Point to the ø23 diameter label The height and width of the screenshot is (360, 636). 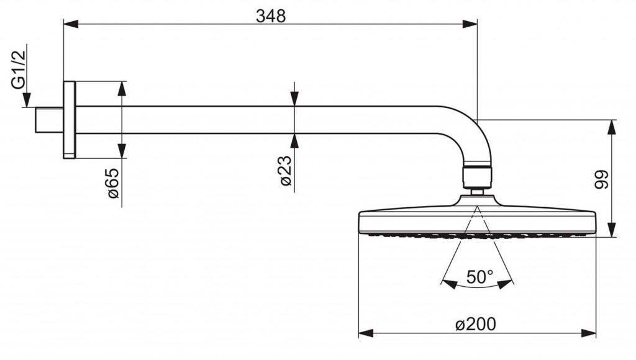(x=286, y=172)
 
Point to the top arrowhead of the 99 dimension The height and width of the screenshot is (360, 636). (x=612, y=127)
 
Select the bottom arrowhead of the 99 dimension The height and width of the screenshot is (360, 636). (x=612, y=229)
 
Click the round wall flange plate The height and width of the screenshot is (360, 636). (x=69, y=120)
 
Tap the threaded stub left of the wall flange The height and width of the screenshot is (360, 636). (x=50, y=120)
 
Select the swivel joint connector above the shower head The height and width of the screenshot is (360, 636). (x=478, y=176)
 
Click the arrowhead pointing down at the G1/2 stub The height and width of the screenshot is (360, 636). (x=27, y=100)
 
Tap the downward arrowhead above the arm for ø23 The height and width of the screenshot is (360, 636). (x=294, y=99)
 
